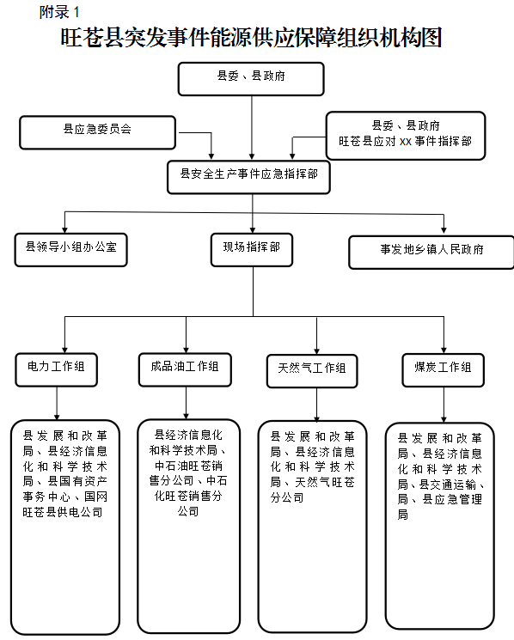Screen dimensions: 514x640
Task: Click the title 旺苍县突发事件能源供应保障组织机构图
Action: tap(251, 38)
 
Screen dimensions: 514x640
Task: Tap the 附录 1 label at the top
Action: tap(59, 12)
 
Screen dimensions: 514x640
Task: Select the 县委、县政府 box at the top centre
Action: tap(251, 79)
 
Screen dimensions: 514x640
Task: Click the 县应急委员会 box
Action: tap(98, 132)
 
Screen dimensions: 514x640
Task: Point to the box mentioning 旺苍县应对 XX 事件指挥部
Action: tap(406, 136)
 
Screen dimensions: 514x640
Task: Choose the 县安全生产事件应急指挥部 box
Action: tap(248, 177)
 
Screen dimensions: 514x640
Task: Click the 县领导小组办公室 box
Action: tap(71, 250)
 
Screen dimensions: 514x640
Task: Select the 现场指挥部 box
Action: tap(252, 250)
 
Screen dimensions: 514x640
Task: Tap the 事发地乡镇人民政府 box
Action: tap(431, 253)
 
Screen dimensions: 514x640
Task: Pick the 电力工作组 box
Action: tap(57, 369)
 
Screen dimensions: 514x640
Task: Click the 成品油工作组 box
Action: tap(185, 369)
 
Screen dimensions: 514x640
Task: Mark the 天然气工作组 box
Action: tap(312, 371)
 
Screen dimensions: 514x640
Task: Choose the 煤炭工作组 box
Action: tap(444, 370)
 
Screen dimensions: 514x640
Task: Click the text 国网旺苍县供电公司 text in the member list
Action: tap(65, 504)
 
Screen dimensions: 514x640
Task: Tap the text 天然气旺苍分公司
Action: tap(313, 490)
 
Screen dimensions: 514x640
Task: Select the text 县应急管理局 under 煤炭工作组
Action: tap(441, 507)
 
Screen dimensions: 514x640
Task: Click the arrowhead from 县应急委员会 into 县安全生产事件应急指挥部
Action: tap(211, 155)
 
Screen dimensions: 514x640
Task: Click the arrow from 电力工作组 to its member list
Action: tap(57, 403)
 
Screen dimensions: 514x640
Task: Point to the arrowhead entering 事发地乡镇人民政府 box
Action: tap(444, 229)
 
